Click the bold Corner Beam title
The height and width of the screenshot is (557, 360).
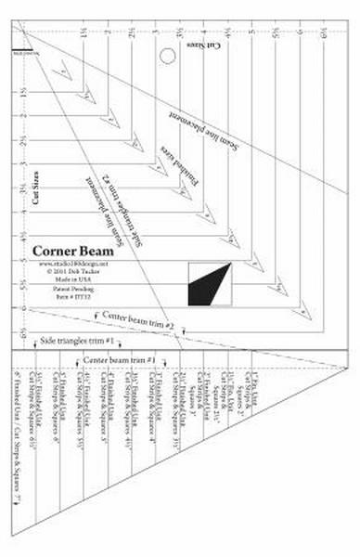(73, 251)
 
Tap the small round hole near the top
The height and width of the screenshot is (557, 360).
(168, 56)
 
